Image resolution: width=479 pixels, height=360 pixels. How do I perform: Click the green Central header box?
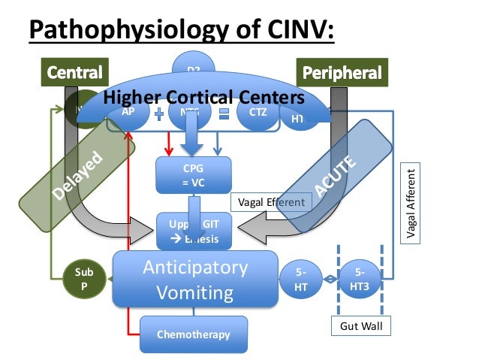point(75,73)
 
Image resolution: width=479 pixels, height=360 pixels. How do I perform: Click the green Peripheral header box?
point(341,73)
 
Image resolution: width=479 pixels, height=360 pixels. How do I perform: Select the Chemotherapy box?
point(193,334)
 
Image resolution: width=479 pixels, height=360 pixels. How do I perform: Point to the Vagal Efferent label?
point(271,201)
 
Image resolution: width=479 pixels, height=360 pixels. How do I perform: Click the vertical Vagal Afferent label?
point(411,204)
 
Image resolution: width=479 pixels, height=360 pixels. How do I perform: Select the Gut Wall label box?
point(361,327)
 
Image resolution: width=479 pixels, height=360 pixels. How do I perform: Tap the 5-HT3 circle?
point(360,279)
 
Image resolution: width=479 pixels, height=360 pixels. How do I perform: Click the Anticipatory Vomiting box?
point(194,279)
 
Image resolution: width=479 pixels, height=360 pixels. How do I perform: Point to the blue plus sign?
point(160,113)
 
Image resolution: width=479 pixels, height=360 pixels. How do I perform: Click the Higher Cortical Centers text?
point(203,97)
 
